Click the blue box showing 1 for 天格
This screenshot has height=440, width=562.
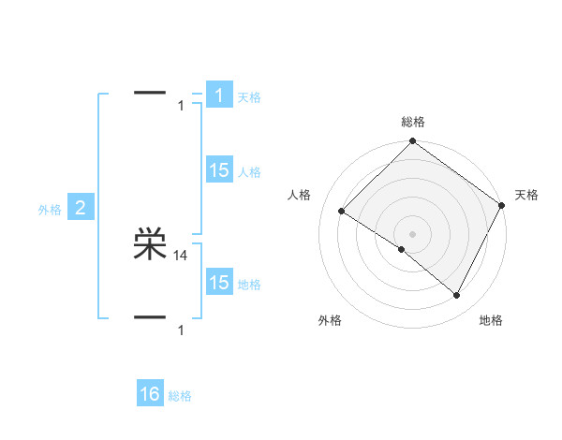coord(218,95)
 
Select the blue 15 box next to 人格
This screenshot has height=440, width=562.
coord(218,170)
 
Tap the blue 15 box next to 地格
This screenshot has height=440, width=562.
coord(218,283)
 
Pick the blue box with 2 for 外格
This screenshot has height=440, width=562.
coord(80,208)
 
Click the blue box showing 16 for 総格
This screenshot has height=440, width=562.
coord(150,394)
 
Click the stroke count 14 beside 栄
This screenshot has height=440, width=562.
coord(181,255)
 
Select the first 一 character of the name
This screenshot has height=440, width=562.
coord(150,93)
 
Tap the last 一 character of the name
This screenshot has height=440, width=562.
coord(150,317)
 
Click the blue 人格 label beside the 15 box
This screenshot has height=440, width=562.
coord(249,172)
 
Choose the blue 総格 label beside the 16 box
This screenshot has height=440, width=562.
coord(180,396)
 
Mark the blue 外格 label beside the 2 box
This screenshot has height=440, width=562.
coord(50,210)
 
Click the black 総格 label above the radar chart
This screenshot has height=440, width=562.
coord(413,122)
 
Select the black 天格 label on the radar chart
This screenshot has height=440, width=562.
coord(526,195)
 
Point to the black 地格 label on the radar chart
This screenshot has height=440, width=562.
coord(491,320)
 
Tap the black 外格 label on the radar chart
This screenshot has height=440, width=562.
coord(330,320)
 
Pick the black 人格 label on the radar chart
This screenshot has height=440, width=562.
coord(299,195)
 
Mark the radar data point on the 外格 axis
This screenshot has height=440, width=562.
coord(402,250)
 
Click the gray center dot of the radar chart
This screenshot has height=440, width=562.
coord(413,234)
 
